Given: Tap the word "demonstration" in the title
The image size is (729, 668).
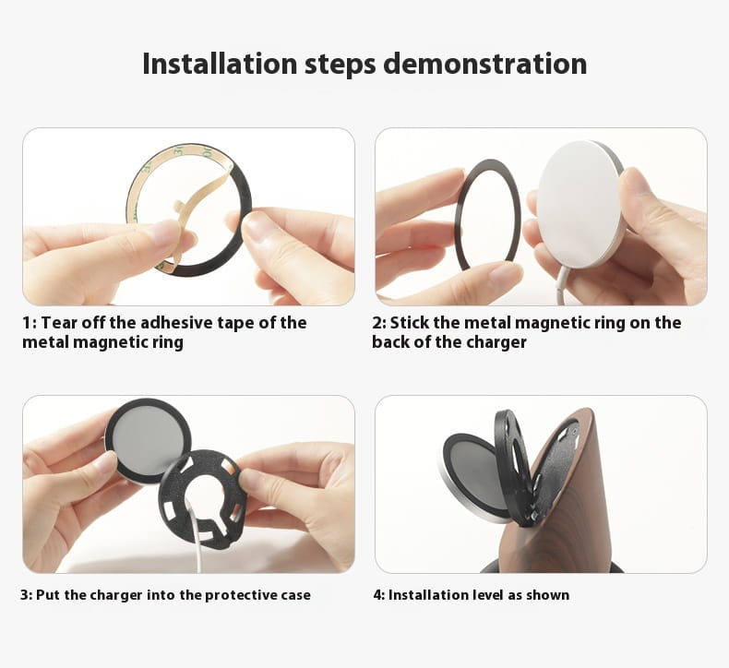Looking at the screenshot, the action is pos(484,64).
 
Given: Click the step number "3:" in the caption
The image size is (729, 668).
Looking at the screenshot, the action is pos(26,595).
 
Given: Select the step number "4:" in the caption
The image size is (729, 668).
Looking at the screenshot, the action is pos(379,595).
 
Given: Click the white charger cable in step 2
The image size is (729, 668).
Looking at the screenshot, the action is pos(564,284).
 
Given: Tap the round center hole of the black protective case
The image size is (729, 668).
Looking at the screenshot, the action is pos(205,489).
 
